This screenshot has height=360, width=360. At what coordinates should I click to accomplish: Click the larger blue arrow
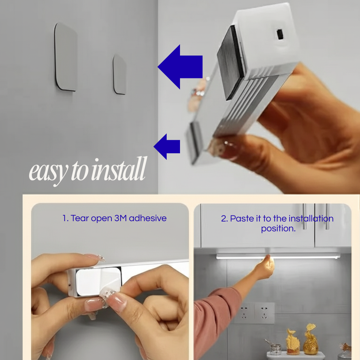[x=180, y=67]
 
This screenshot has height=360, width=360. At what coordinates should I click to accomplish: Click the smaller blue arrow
[x=167, y=147]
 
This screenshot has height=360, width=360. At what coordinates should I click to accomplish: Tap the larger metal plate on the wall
[x=65, y=57]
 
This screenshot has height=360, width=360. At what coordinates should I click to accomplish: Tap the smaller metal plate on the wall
[x=120, y=75]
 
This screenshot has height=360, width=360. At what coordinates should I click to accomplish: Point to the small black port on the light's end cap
[x=279, y=34]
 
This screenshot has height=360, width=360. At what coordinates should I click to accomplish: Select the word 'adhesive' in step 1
[x=148, y=218]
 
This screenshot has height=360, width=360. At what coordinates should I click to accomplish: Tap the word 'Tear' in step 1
[x=80, y=218]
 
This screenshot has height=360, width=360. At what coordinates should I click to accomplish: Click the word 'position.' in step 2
[x=278, y=229]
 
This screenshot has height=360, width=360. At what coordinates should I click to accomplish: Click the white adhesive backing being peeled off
[x=99, y=282]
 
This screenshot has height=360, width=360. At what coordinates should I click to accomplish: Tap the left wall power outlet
[x=244, y=313]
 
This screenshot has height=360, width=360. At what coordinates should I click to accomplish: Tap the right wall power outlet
[x=264, y=313]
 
